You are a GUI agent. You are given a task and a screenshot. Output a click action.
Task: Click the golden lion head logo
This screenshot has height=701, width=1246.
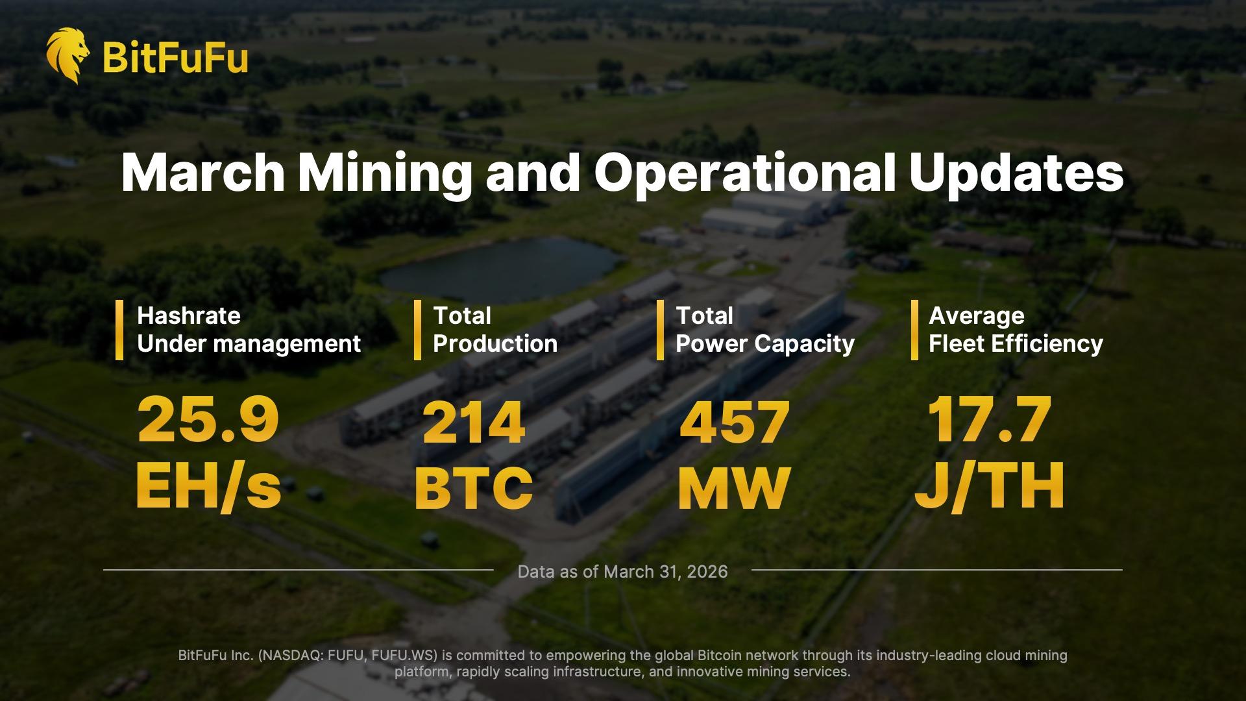(x=67, y=55)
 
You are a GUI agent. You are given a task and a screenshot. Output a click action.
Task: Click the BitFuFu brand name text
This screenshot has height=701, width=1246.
(x=175, y=57)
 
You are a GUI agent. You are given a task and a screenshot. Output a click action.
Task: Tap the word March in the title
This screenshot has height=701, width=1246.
(x=202, y=173)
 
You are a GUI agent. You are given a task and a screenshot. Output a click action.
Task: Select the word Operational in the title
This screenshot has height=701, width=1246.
(x=745, y=173)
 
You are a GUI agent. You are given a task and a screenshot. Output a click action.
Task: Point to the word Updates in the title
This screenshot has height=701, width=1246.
(x=1016, y=173)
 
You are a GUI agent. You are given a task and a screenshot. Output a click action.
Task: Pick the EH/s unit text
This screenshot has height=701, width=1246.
(x=208, y=487)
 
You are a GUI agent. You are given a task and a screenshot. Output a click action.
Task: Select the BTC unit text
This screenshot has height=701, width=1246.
(x=474, y=487)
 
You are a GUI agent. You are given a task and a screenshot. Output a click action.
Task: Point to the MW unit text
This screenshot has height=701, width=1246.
(x=733, y=487)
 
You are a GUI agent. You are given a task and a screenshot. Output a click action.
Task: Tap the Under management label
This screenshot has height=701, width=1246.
(x=249, y=344)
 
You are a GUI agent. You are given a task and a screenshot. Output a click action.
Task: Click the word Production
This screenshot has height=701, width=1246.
(x=495, y=344)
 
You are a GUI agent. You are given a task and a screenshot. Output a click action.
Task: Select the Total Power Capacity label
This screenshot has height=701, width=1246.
(x=764, y=330)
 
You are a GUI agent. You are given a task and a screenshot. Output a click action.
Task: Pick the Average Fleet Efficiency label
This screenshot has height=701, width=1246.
(x=1015, y=330)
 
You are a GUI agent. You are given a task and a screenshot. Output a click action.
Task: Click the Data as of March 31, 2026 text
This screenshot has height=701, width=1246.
(x=622, y=572)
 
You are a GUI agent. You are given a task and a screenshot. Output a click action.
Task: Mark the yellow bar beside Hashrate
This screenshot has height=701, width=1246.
(x=119, y=330)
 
